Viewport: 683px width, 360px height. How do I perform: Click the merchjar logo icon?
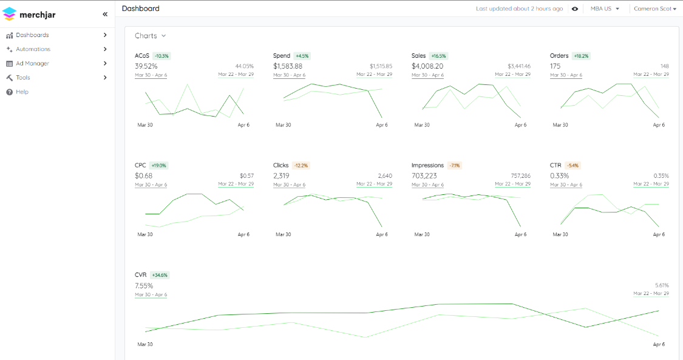[x=9, y=14]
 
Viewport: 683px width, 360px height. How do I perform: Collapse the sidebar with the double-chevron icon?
[x=105, y=15]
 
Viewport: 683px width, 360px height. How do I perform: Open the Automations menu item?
[x=33, y=49]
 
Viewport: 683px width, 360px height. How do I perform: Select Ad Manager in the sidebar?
[x=32, y=64]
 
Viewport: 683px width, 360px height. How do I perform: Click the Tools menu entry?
[x=23, y=78]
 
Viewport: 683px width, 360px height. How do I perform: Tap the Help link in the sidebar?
[x=22, y=92]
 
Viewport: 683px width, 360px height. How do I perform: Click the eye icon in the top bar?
[x=575, y=8]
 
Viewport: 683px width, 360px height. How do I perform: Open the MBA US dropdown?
[x=605, y=8]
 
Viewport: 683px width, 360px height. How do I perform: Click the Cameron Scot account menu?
[x=655, y=8]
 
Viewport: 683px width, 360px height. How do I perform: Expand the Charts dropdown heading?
[x=151, y=36]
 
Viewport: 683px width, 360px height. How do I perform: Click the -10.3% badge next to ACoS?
[x=161, y=56]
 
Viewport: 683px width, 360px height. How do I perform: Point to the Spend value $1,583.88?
[x=288, y=66]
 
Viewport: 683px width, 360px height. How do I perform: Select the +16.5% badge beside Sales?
[x=438, y=56]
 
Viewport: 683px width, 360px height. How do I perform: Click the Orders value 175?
[x=555, y=66]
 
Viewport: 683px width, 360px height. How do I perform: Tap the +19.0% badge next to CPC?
[x=158, y=166]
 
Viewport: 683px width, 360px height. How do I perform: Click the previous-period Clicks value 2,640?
[x=385, y=176]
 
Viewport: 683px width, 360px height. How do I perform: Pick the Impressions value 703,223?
[x=424, y=176]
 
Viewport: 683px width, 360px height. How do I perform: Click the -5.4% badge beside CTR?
[x=573, y=166]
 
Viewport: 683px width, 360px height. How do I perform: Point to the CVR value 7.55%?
[x=144, y=285]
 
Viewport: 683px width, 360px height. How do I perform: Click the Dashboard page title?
[x=141, y=8]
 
